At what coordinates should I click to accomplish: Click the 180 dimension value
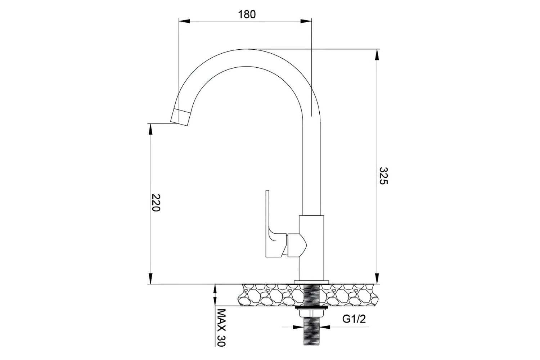247,14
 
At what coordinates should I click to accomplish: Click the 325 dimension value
383,176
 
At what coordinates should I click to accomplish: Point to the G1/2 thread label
354,319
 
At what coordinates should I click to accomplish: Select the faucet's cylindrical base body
312,248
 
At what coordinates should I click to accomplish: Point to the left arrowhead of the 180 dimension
184,21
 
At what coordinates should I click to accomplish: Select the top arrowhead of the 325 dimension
377,54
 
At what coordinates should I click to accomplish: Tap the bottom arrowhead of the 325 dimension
377,279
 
